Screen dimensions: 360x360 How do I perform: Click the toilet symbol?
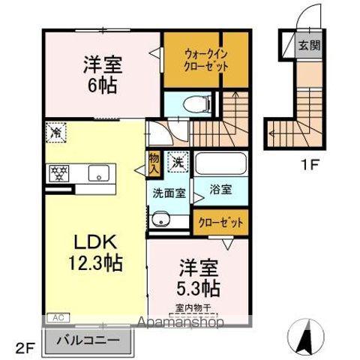click(197, 104)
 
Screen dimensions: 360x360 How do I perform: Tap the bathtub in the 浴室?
click(220, 163)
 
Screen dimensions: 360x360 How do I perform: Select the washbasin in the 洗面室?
click(160, 219)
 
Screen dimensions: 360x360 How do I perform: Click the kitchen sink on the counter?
click(99, 173)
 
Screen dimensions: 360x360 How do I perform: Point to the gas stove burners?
click(60, 173)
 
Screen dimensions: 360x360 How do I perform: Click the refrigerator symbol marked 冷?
click(56, 133)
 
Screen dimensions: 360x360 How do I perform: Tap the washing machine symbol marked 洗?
click(178, 162)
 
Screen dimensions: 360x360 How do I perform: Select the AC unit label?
click(58, 318)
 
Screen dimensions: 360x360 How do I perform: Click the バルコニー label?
click(88, 340)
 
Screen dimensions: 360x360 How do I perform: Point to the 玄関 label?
click(310, 45)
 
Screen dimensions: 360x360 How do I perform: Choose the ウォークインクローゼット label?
click(206, 60)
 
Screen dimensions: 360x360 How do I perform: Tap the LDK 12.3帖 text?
click(95, 253)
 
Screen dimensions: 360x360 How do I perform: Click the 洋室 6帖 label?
click(103, 74)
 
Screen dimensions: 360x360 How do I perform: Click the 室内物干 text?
click(193, 308)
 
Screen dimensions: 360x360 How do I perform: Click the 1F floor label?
click(309, 165)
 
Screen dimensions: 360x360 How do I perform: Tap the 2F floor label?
click(25, 349)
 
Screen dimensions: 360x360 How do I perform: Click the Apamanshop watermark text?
click(181, 322)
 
